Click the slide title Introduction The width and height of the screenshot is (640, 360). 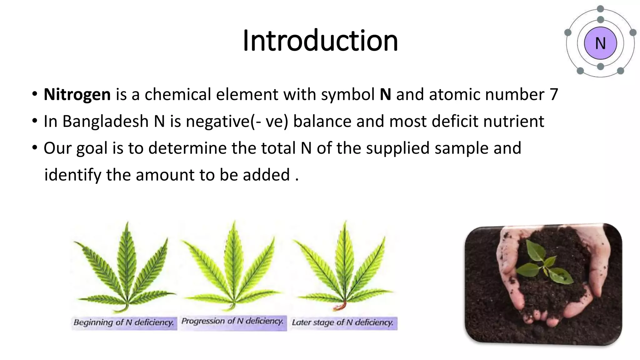coord(320,41)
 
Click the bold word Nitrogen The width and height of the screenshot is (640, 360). coord(77,94)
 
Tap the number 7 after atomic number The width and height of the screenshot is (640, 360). coord(554,94)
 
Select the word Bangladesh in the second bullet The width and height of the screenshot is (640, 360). coord(105,121)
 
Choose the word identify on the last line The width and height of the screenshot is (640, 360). coord(72,175)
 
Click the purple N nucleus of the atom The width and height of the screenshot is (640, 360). coord(600,43)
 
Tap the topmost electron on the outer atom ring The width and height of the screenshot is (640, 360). coord(600,9)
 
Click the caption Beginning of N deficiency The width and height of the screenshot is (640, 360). coord(124,322)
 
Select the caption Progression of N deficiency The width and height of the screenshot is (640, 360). coord(232,321)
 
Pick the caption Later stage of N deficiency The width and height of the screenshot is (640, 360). coord(343,322)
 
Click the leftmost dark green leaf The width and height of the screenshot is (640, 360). coord(125,269)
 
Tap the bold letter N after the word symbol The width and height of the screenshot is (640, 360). coord(385,94)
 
